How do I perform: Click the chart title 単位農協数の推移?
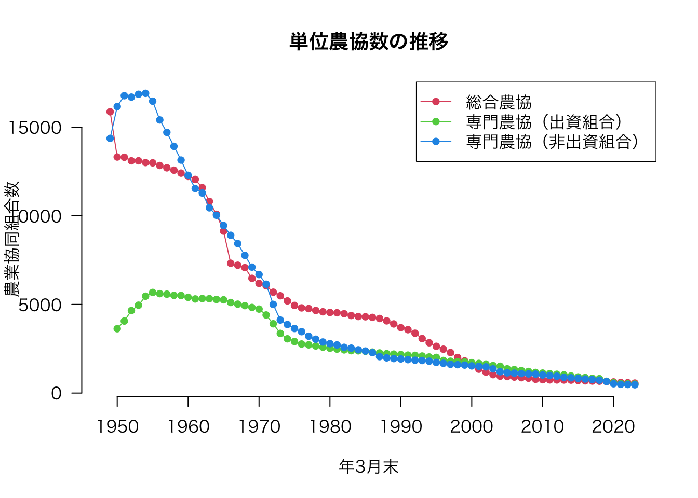pos(369,41)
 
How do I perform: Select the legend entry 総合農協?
pos(499,102)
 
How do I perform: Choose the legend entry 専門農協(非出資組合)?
pos(552,142)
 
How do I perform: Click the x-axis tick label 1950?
pos(117,426)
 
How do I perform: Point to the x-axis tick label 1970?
pos(259,426)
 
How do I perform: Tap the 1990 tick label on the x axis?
pos(401,426)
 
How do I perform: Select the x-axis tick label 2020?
pos(613,426)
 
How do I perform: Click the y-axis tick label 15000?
pos(35,128)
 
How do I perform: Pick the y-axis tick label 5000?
pos(40,305)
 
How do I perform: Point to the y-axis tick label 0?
pos(56,393)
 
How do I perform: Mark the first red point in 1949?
pos(110,112)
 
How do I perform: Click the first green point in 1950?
pos(117,329)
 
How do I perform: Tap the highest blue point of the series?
pos(145,93)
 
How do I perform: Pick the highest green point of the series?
pos(153,293)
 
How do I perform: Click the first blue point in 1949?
pos(110,139)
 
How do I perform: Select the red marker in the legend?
pos(436,102)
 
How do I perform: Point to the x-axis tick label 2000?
pos(472,426)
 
